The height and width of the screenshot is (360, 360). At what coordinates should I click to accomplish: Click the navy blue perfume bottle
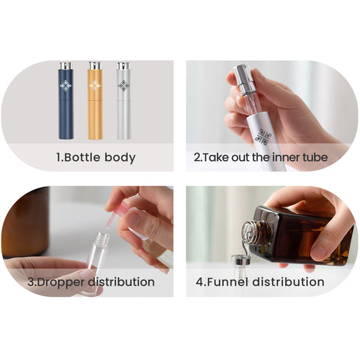click(66, 101)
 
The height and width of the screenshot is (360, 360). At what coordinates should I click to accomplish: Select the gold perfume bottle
click(95, 101)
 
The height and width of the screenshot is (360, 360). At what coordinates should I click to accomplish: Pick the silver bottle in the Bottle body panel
click(123, 101)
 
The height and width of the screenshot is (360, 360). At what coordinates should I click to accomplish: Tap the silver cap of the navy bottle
click(66, 65)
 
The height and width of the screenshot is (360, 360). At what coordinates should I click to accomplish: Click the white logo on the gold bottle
click(95, 86)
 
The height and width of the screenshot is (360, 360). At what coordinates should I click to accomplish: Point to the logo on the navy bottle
click(65, 86)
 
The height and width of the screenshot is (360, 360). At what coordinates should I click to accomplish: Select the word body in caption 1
click(120, 158)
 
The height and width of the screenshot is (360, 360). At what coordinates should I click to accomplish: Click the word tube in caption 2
click(315, 157)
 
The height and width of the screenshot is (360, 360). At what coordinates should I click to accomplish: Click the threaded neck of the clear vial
click(102, 237)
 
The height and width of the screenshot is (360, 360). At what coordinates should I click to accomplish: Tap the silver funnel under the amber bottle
click(240, 260)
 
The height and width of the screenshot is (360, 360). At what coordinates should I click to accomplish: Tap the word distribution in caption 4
click(288, 281)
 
